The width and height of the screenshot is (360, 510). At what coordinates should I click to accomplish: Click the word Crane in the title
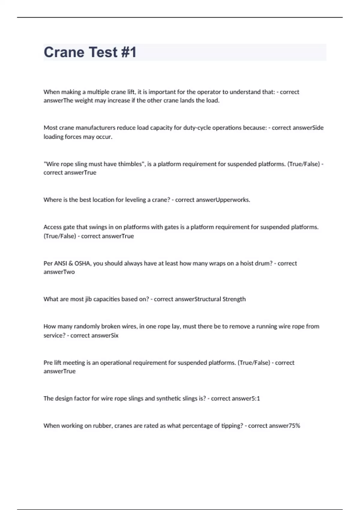click(64, 52)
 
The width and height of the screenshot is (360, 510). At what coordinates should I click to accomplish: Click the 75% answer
click(294, 426)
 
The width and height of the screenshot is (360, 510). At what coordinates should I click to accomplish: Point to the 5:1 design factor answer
click(254, 399)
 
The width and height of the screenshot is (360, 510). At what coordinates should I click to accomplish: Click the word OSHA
click(82, 263)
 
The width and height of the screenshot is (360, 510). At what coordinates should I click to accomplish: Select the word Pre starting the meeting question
click(48, 363)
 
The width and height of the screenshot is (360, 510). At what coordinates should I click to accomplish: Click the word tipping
click(232, 426)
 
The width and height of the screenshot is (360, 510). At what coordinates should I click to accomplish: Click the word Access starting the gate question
click(52, 227)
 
